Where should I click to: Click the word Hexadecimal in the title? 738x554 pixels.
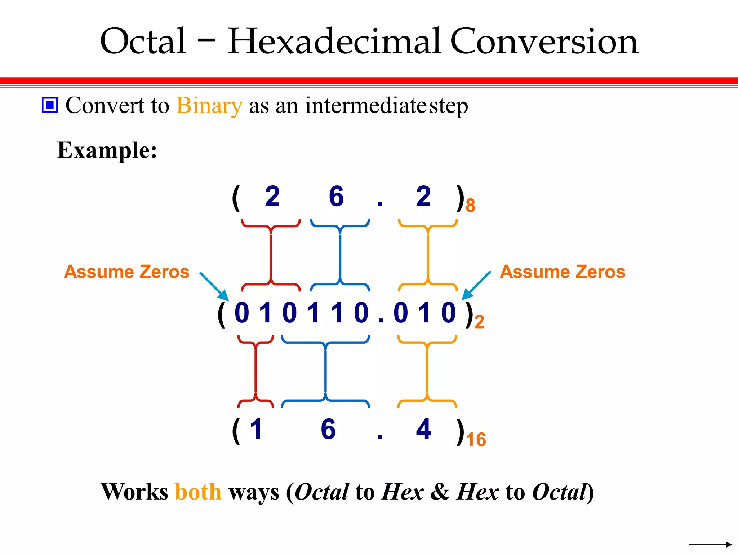[334, 42]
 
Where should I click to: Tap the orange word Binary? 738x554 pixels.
[209, 106]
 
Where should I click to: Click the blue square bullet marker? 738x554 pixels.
[50, 105]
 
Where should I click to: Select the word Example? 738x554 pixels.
[107, 150]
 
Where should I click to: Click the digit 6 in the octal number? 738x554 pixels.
[336, 197]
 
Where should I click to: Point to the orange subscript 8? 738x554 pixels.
[470, 206]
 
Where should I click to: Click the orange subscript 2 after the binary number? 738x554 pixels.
[479, 322]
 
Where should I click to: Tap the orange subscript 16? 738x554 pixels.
[476, 440]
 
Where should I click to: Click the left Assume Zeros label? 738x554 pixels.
[126, 272]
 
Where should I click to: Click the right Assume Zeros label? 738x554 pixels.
[563, 272]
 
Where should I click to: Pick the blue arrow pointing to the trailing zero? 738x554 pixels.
[476, 285]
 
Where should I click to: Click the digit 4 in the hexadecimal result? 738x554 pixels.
[423, 429]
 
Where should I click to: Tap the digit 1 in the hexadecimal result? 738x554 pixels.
[256, 429]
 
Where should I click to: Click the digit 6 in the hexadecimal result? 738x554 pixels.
[328, 429]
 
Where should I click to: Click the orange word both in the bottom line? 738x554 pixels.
[198, 492]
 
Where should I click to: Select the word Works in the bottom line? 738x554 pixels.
[134, 492]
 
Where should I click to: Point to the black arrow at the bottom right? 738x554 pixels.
[710, 544]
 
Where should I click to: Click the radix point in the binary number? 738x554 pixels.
[381, 320]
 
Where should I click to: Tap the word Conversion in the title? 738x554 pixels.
[544, 42]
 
